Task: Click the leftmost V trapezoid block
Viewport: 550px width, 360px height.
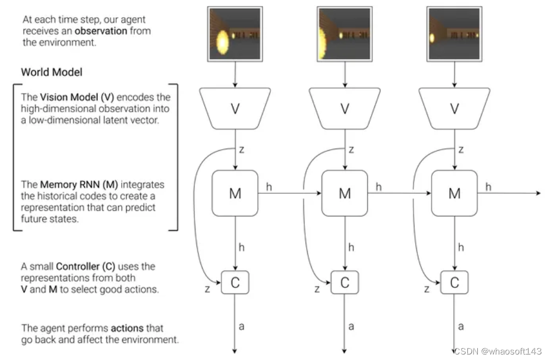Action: coord(235,108)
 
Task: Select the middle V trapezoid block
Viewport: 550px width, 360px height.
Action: coord(345,108)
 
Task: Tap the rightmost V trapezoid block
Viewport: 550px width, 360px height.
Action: coord(454,108)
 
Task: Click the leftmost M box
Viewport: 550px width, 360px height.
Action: coord(235,193)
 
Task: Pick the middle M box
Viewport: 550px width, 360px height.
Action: coord(345,193)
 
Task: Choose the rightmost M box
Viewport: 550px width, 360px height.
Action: coord(454,193)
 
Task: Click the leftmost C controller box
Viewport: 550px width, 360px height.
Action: coord(235,282)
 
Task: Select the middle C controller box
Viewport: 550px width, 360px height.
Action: coord(345,282)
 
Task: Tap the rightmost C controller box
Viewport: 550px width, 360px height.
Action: coord(454,282)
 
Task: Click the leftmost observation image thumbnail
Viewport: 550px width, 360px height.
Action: coord(235,34)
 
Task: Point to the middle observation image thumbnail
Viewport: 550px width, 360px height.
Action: coord(345,34)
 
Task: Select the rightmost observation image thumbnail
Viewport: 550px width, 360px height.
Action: coord(454,34)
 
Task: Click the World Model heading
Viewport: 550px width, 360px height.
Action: coord(52,72)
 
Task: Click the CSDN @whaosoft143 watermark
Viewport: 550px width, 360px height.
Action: coord(498,351)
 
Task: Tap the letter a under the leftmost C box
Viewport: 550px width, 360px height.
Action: coord(241,326)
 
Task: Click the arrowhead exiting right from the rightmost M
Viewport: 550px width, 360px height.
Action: coord(538,193)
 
